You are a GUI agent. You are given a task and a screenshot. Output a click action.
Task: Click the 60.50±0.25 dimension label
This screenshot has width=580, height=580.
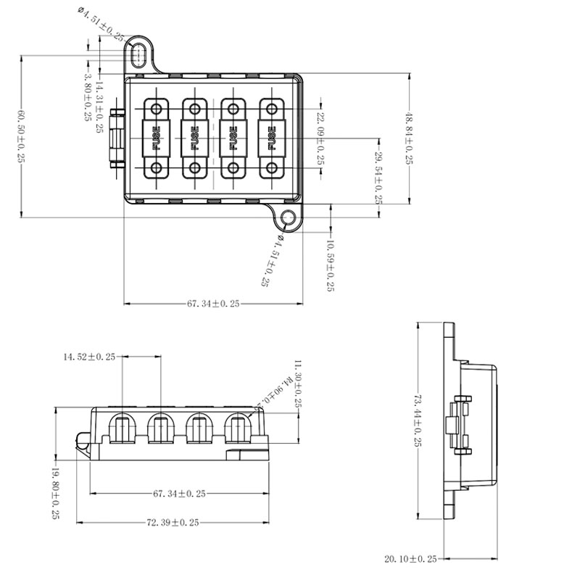[21, 136]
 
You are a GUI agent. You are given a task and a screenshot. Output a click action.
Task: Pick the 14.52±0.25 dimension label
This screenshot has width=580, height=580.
[89, 356]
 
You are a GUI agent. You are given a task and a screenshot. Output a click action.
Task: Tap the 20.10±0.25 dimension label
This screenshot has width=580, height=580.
[410, 559]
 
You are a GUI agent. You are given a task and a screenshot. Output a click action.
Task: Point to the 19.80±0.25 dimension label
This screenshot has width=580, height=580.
[55, 493]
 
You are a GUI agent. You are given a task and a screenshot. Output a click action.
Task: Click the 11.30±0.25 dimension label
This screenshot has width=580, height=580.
[298, 384]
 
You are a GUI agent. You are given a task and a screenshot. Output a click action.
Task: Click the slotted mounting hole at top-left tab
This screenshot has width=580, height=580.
[139, 54]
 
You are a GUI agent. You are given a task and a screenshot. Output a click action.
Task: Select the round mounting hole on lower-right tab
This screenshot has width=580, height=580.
[289, 217]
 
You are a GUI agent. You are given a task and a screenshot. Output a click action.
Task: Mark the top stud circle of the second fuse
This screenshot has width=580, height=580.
[194, 108]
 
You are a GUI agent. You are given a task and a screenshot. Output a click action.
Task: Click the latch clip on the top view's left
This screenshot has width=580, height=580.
[115, 138]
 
